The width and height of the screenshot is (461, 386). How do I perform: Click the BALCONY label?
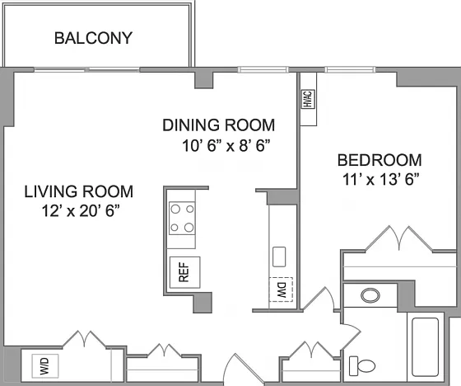pyautogui.click(x=94, y=38)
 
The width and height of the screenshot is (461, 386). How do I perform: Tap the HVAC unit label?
pyautogui.click(x=308, y=99)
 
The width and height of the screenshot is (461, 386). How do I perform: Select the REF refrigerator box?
pyautogui.click(x=185, y=272)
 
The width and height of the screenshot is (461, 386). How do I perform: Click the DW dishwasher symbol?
pyautogui.click(x=281, y=289)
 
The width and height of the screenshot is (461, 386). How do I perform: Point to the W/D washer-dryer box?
pyautogui.click(x=45, y=365)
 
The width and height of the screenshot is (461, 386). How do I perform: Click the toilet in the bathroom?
pyautogui.click(x=362, y=366)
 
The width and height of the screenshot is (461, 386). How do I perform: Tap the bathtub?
pyautogui.click(x=426, y=347)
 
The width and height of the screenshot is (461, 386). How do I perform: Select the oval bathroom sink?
pyautogui.click(x=370, y=295)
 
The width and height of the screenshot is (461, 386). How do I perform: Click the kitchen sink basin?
pyautogui.click(x=279, y=257)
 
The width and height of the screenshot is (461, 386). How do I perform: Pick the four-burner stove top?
pyautogui.click(x=182, y=218)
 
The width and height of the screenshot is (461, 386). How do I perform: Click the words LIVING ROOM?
pyautogui.click(x=79, y=191)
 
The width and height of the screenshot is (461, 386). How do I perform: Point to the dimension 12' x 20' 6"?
pyautogui.click(x=81, y=210)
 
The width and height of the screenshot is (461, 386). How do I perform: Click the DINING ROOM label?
pyautogui.click(x=219, y=125)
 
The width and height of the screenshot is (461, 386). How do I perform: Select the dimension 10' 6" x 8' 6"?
pyautogui.click(x=226, y=145)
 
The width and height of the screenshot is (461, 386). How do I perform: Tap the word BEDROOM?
pyautogui.click(x=380, y=160)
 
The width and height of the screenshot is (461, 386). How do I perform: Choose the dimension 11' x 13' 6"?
pyautogui.click(x=380, y=179)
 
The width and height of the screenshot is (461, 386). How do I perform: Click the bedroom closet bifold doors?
pyautogui.click(x=399, y=239)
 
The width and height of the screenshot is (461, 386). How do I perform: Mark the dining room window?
pyautogui.click(x=263, y=69)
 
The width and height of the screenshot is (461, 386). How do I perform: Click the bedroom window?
pyautogui.click(x=350, y=69)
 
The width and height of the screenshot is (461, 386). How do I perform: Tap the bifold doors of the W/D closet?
pyautogui.click(x=84, y=340)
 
